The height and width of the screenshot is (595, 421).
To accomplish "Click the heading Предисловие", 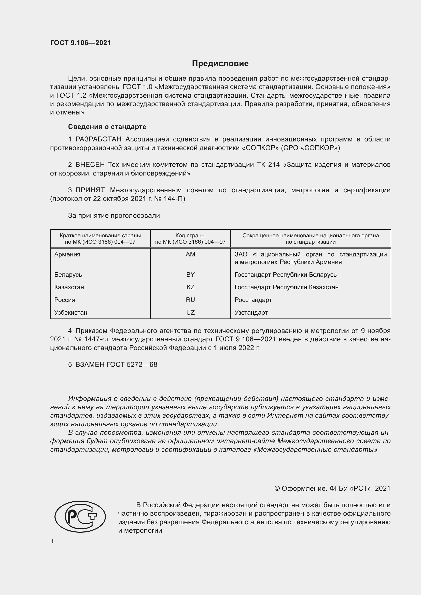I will coord(220,64).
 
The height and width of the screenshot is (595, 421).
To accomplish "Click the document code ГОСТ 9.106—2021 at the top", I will coord(80,43).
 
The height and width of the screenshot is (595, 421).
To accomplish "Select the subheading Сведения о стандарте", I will coord(107,127).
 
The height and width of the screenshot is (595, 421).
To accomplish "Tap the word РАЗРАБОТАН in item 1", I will coord(98,139).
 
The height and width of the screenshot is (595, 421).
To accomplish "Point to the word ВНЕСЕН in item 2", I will coord(90,165).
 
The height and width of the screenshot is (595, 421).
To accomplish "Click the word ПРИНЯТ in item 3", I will coord(90,190).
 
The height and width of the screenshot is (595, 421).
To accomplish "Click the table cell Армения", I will coord(67,254).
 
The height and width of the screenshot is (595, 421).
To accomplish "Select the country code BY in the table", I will coord(190,275).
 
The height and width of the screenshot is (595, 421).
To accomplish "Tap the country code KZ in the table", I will coord(190,287).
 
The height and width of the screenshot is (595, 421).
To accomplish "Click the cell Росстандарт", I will coord(253,300).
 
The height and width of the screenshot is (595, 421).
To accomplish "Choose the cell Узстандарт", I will coord(251,313).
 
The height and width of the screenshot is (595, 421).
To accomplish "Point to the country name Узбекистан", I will coord(71,313).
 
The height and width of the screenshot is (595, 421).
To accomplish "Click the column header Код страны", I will coord(190,236).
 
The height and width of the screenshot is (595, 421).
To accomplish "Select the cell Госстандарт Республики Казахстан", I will coord(286,287).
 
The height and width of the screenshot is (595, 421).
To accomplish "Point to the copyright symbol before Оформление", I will coord(277,488).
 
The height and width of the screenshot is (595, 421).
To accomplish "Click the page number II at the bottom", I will coord(52,541).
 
